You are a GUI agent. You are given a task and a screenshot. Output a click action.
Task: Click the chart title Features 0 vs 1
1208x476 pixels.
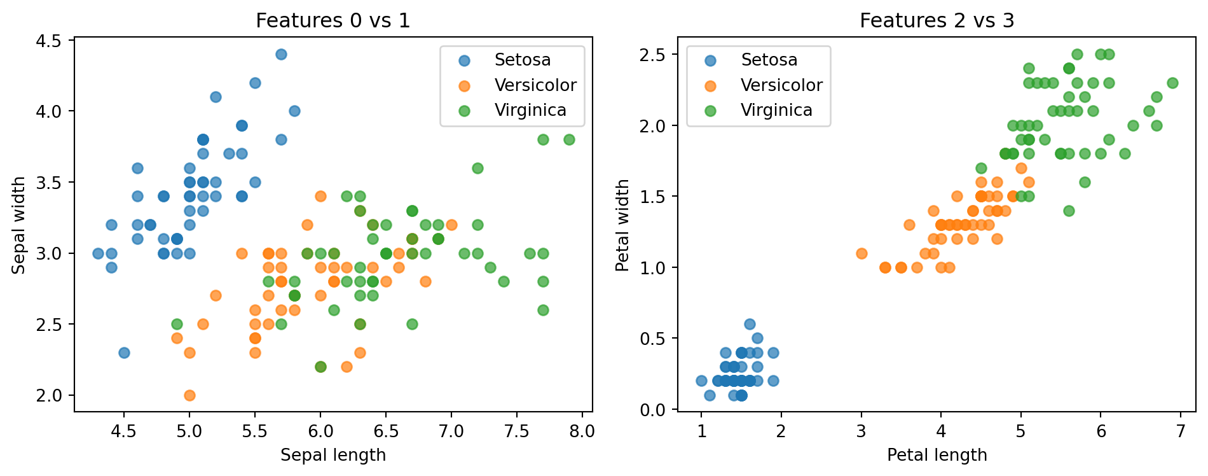333,21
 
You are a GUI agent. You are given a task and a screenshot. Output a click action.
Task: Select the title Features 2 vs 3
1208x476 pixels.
937,21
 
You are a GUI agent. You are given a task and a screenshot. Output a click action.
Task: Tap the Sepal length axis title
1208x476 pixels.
333,455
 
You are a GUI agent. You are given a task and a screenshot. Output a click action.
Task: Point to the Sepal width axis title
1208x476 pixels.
19,225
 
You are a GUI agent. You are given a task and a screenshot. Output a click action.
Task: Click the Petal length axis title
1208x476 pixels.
937,455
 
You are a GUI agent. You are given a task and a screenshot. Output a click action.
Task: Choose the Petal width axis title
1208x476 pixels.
622,225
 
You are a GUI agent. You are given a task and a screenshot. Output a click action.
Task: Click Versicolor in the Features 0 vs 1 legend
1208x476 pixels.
535,85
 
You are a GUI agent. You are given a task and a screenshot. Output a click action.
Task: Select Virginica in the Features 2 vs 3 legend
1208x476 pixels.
776,110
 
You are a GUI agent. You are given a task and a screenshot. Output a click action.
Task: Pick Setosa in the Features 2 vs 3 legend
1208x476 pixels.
769,60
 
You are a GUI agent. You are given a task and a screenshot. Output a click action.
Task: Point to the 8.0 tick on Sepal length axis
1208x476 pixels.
582,431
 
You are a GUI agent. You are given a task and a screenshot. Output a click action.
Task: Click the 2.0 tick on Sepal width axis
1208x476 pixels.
49,395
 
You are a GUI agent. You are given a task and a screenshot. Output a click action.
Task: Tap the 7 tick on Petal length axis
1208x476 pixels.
1181,431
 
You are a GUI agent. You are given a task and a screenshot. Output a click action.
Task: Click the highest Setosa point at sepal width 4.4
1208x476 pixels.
281,54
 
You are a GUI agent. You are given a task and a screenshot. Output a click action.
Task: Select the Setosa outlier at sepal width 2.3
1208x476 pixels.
124,353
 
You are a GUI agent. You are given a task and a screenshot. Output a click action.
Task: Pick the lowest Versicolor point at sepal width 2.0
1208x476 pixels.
189,395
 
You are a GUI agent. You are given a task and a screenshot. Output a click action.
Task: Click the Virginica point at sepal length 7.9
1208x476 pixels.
569,139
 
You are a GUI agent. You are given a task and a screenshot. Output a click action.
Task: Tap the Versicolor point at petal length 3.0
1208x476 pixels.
861,253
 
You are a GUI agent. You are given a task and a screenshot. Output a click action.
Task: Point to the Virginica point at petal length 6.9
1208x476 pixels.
1172,83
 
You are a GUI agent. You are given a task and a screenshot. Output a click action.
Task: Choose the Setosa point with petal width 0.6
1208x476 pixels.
750,324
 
